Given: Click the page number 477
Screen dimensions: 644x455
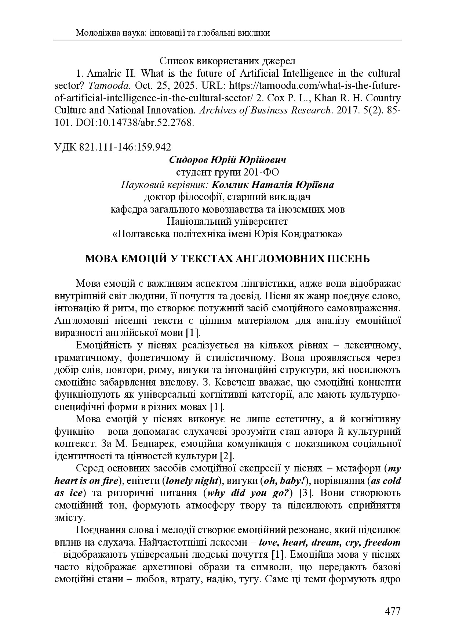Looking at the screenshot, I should (x=392, y=611).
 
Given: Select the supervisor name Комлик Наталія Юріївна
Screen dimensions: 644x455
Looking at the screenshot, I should (x=273, y=185).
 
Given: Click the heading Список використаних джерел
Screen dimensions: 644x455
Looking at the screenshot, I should (x=227, y=60).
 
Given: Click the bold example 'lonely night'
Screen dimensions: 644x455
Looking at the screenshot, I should (x=193, y=481).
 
